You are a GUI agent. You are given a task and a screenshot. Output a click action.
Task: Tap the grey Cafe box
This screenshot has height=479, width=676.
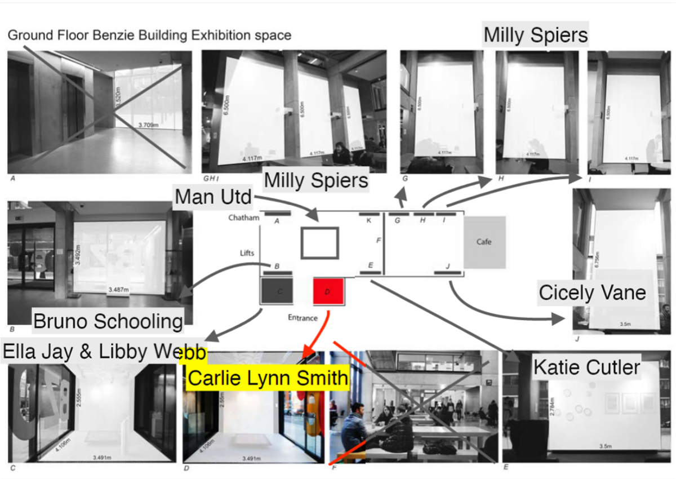[x=484, y=242]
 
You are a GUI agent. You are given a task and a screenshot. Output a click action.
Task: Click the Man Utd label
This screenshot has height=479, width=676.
[x=213, y=197]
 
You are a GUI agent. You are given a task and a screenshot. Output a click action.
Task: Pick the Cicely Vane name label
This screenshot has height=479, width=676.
[x=592, y=293]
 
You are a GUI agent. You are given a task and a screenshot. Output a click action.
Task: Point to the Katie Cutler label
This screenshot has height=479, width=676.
[x=586, y=367]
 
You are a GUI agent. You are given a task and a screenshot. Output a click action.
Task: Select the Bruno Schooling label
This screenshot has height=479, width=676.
[x=108, y=321]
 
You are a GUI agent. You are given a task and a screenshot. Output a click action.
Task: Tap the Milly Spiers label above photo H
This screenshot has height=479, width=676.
[x=536, y=35]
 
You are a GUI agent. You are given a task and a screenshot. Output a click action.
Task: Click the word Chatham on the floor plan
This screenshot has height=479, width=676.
[x=243, y=218]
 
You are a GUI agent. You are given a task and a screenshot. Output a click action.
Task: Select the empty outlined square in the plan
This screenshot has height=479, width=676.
[x=319, y=243]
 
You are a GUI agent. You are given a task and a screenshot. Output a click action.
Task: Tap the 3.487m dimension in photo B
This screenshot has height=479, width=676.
[x=118, y=290]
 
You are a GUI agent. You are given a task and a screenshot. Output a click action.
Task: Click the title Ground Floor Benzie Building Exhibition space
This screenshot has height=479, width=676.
[x=149, y=36]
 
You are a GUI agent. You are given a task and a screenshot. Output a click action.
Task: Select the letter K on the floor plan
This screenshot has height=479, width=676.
[x=368, y=220]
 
